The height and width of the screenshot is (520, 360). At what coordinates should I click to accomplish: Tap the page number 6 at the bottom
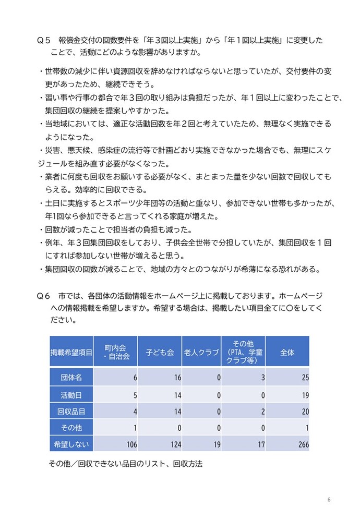329,500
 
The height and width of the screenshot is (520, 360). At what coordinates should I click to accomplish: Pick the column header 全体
287,352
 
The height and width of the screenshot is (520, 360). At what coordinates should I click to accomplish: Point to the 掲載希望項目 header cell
71,352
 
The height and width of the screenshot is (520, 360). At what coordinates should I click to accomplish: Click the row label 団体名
71,377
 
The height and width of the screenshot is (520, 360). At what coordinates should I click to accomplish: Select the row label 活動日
71,394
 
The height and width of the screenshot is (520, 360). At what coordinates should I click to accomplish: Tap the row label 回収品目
71,411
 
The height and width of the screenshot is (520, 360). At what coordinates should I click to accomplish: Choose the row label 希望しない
71,444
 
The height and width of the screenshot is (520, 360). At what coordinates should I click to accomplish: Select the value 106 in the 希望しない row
131,445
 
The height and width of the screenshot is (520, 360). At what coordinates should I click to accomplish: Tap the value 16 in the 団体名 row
177,377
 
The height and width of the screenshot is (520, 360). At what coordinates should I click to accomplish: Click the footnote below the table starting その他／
125,463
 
